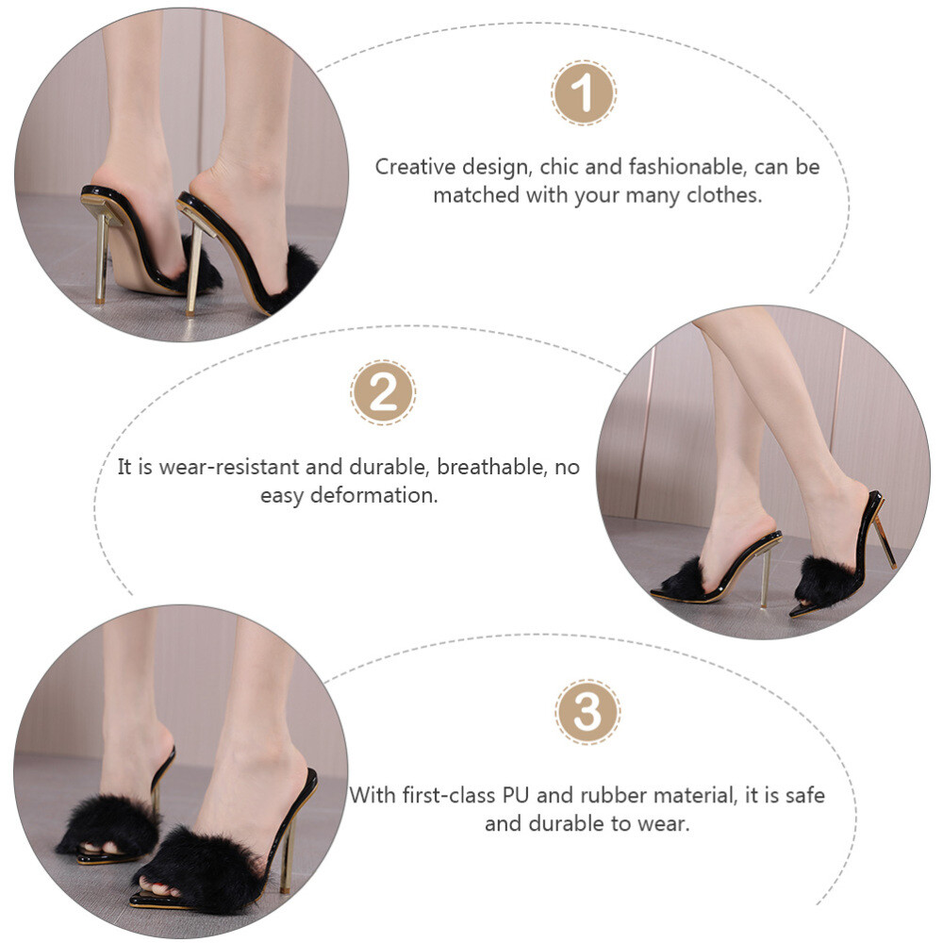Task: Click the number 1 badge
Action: tap(584, 93)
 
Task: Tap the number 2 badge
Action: tap(383, 391)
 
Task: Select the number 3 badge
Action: tap(587, 713)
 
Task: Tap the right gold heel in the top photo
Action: tap(193, 269)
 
